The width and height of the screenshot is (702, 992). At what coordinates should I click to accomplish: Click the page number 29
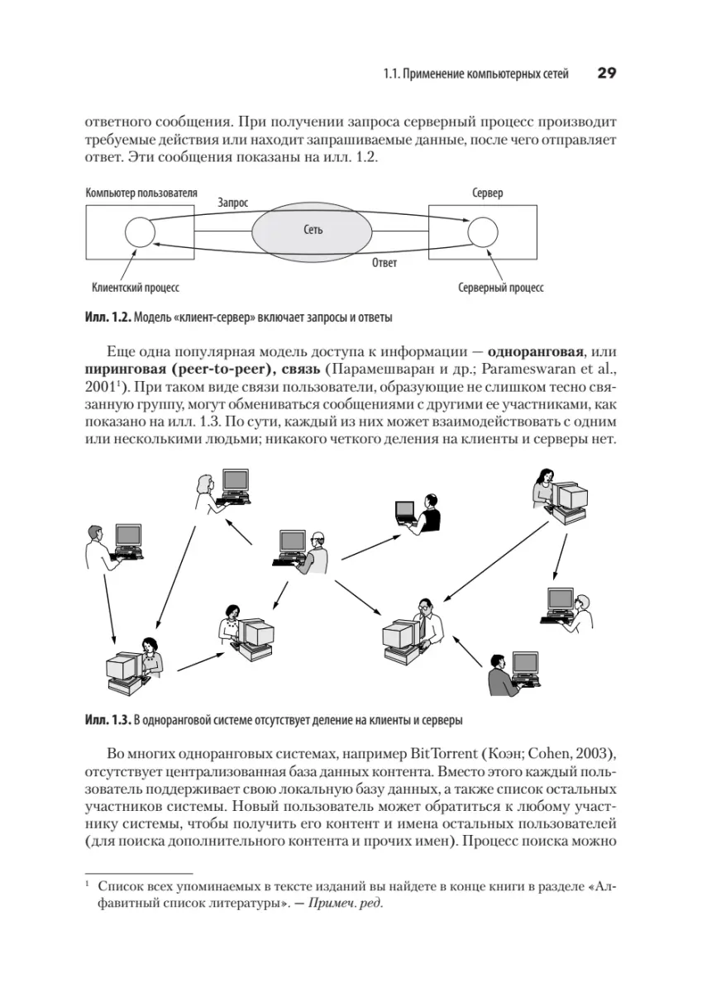[607, 74]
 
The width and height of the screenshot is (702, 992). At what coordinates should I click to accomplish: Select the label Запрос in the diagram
[232, 201]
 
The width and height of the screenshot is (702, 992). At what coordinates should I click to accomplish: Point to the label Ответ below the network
[384, 263]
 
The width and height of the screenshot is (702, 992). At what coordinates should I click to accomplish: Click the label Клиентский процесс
[136, 289]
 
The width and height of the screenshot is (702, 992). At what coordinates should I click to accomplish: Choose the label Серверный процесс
[500, 289]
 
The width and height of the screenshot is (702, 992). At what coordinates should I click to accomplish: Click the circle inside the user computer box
[139, 231]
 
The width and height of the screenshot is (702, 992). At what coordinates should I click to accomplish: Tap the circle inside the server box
[482, 231]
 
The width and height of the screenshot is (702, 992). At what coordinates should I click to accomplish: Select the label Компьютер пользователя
[141, 193]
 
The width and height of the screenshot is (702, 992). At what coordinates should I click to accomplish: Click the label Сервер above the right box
[487, 193]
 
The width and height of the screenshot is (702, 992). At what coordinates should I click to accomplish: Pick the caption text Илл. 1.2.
[107, 317]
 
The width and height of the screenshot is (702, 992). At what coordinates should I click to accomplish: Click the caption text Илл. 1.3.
[107, 719]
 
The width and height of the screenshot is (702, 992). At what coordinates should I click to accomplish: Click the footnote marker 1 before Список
[87, 885]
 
